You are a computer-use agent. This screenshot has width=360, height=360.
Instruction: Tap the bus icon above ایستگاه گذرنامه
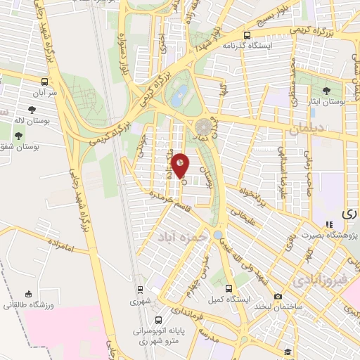246,35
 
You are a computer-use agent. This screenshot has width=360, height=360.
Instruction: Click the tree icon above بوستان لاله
32,109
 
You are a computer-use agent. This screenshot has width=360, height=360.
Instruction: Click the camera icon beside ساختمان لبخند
278,297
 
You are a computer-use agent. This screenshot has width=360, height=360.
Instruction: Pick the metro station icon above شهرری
139,290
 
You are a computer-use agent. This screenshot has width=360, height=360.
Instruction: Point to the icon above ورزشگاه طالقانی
27,294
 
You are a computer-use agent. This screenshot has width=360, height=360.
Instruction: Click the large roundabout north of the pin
203,127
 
